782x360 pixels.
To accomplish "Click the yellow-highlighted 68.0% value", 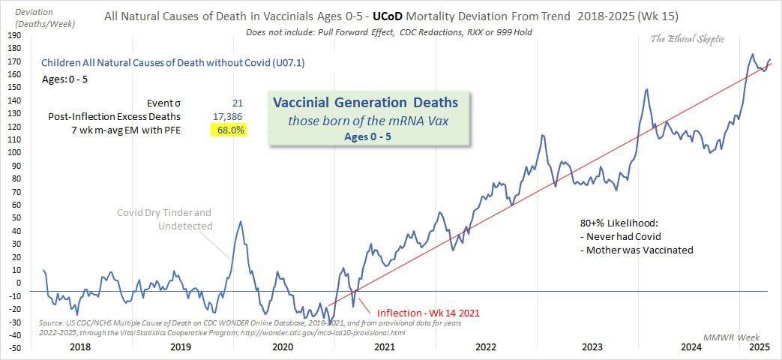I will tap(227, 130).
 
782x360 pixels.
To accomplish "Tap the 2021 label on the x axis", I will tap(384, 346).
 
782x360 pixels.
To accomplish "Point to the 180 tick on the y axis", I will tap(14, 49).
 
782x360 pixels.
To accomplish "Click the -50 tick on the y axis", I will tap(14, 347).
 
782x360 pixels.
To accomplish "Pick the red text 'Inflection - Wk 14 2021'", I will tap(427, 312).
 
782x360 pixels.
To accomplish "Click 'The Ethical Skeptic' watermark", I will tap(688, 39).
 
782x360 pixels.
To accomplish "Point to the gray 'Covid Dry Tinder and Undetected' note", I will tap(164, 219).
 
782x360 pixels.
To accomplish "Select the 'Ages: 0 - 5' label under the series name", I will tap(64, 77).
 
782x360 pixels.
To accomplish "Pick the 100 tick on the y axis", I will tap(14, 152).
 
